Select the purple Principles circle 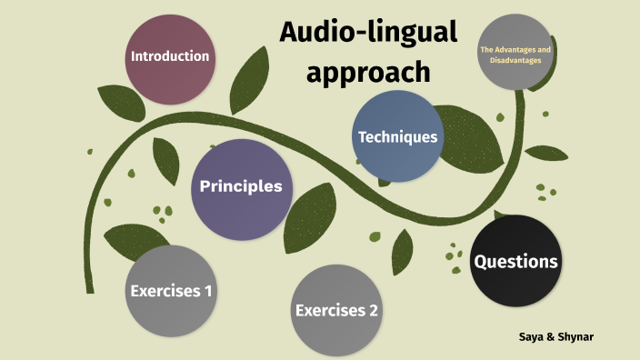[241, 188]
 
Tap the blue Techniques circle [398, 137]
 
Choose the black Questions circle [515, 262]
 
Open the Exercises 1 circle [172, 291]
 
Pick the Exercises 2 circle [336, 311]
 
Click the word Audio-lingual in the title [368, 34]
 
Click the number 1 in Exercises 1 [208, 292]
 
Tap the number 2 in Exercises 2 [373, 311]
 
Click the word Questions [515, 262]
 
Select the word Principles [241, 187]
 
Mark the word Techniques [398, 137]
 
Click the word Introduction [171, 56]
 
